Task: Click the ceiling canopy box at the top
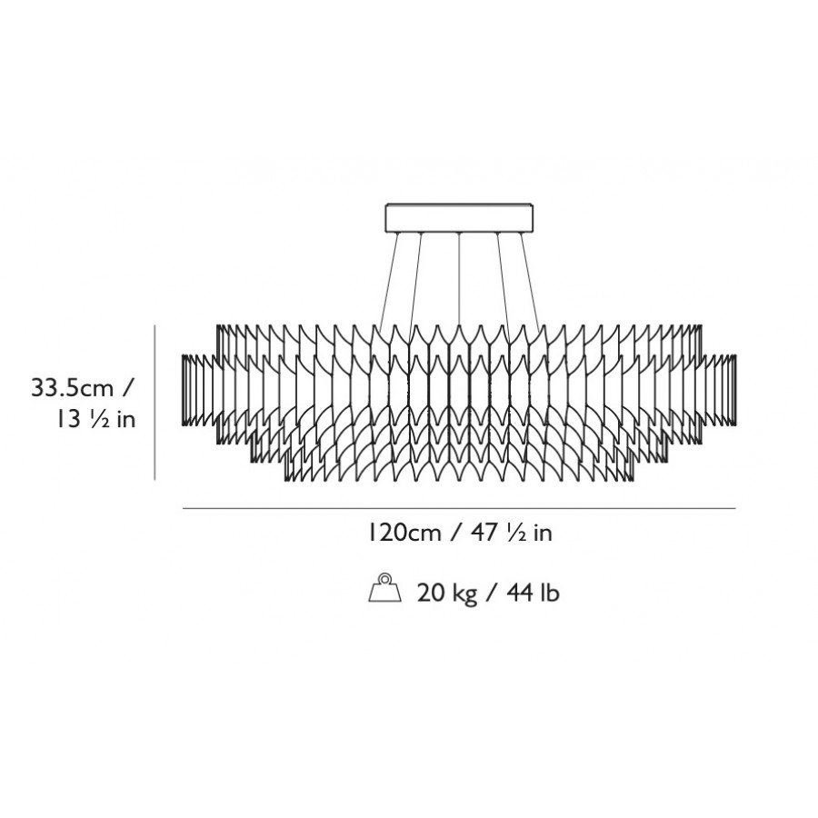click(x=459, y=218)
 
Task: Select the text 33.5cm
click(x=73, y=388)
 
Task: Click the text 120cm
click(x=404, y=533)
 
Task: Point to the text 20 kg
click(x=447, y=594)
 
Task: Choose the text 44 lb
click(x=533, y=594)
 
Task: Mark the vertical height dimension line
click(x=155, y=403)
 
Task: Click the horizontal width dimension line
click(x=459, y=508)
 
